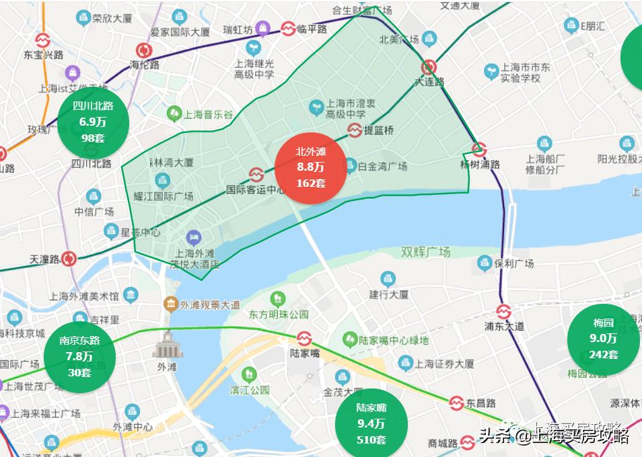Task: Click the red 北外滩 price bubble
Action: point(310,167)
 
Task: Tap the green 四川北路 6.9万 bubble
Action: point(93,122)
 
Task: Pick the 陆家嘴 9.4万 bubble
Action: point(371,423)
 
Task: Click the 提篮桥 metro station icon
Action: point(354,130)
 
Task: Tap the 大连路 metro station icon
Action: point(429,67)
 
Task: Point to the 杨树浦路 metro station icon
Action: point(478,149)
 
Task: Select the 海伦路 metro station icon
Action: point(144,50)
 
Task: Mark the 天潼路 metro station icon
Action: point(69,259)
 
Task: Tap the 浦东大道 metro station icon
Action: point(504,311)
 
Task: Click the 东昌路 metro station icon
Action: point(456,403)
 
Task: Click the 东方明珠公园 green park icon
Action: point(277,299)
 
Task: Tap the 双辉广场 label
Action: point(425,252)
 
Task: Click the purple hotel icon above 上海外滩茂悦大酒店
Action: point(194,237)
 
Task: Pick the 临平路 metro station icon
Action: point(288,29)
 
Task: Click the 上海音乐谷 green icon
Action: point(174,114)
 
